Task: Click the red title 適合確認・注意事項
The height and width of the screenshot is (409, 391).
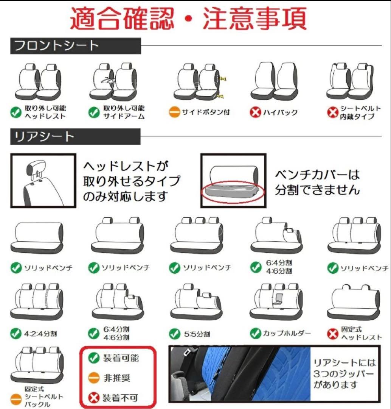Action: click(188, 19)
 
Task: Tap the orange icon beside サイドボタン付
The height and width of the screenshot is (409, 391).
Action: click(174, 112)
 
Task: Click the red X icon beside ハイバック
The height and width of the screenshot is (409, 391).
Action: click(255, 112)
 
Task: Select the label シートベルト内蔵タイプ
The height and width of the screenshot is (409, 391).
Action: click(360, 112)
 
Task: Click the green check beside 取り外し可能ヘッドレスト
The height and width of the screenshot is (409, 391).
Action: click(16, 112)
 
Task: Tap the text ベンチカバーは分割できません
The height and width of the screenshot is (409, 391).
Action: click(318, 182)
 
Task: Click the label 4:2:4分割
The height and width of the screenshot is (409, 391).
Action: click(40, 334)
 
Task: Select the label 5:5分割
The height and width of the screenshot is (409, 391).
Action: click(197, 334)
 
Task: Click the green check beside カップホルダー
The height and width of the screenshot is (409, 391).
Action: click(255, 333)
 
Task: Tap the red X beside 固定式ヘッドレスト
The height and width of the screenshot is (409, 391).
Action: click(333, 334)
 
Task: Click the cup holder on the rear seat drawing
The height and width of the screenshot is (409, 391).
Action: click(278, 299)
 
